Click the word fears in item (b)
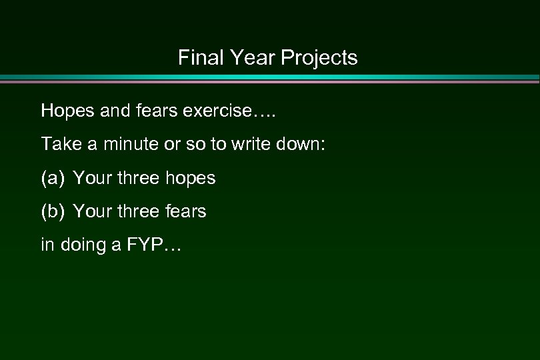click(184, 212)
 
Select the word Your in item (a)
click(91, 178)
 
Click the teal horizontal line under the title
click(270, 77)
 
